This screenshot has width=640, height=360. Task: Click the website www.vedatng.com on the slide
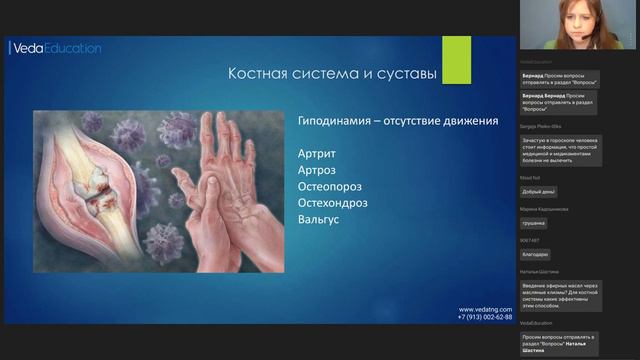(x=485, y=310)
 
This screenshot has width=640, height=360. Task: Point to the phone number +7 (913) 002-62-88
(x=485, y=318)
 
